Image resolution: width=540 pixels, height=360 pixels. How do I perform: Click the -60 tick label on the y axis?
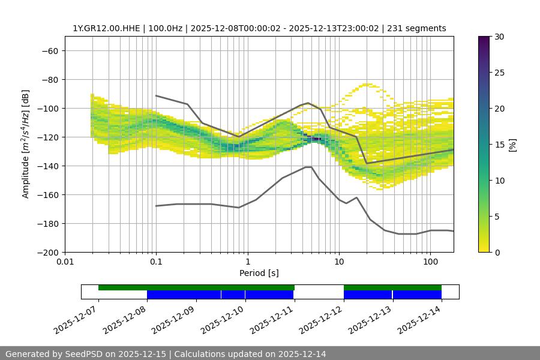point(49,50)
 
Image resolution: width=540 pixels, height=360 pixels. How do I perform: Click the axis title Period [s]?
point(259,273)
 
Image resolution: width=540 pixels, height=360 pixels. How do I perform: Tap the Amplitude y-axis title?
point(26,144)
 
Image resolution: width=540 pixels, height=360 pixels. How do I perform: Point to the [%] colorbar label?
point(512,145)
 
